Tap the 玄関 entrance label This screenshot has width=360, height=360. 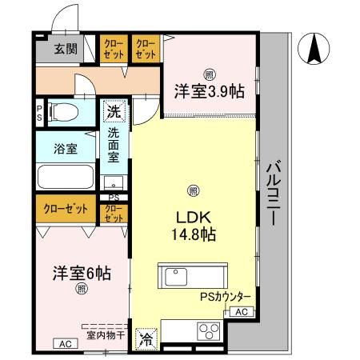[66, 49]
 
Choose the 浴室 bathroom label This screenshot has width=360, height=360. [66, 148]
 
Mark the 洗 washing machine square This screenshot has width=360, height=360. [112, 111]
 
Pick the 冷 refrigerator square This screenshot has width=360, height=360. [146, 338]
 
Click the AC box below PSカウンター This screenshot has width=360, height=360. [242, 312]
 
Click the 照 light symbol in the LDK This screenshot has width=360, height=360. [192, 190]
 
